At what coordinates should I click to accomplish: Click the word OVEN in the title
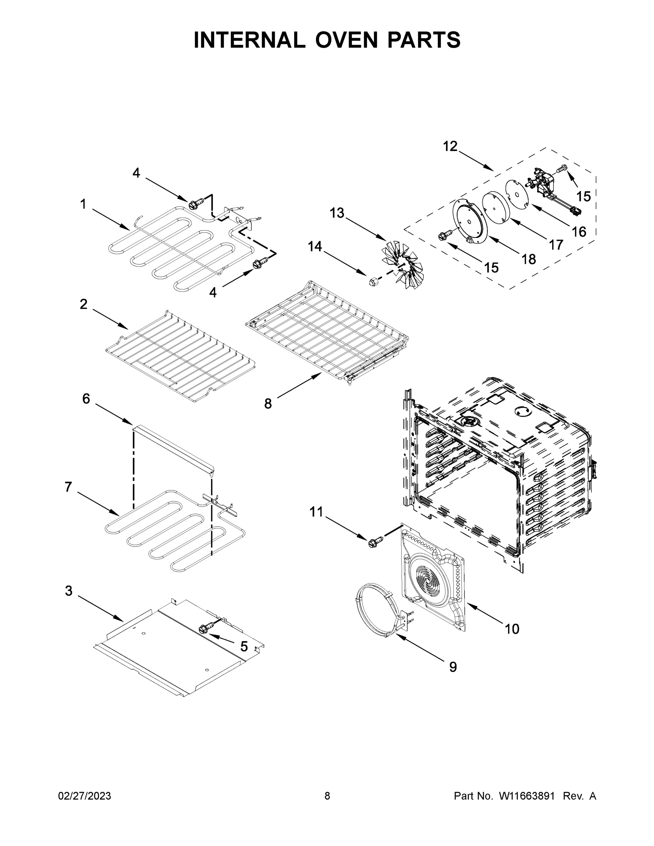[346, 40]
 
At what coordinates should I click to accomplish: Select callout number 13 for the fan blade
[337, 213]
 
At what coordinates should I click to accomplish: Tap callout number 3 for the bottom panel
[69, 591]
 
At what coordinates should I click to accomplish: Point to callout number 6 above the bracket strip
[86, 399]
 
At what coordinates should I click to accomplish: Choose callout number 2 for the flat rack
[84, 304]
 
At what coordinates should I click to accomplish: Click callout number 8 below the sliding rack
[268, 404]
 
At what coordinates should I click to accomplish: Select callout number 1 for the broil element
[83, 204]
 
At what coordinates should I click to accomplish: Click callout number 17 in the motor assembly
[556, 245]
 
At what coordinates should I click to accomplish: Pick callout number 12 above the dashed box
[450, 146]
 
